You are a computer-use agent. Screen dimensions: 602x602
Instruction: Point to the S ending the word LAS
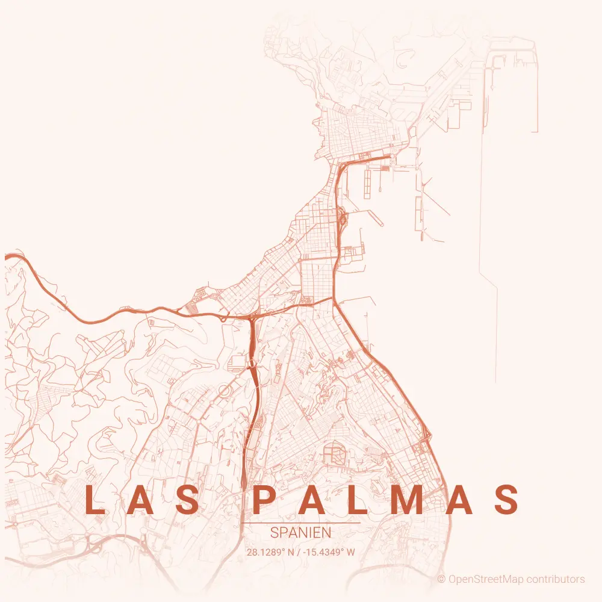click(x=188, y=500)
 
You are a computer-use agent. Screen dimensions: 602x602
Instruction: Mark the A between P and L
click(x=311, y=500)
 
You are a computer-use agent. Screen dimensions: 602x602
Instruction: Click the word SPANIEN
click(x=301, y=533)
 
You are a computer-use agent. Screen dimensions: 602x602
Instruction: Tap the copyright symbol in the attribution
click(x=441, y=580)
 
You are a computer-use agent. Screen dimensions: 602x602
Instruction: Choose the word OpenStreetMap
click(x=485, y=580)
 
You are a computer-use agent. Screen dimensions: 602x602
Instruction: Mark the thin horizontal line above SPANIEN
click(x=301, y=523)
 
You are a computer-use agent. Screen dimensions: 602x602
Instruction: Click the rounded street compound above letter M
click(x=334, y=452)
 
